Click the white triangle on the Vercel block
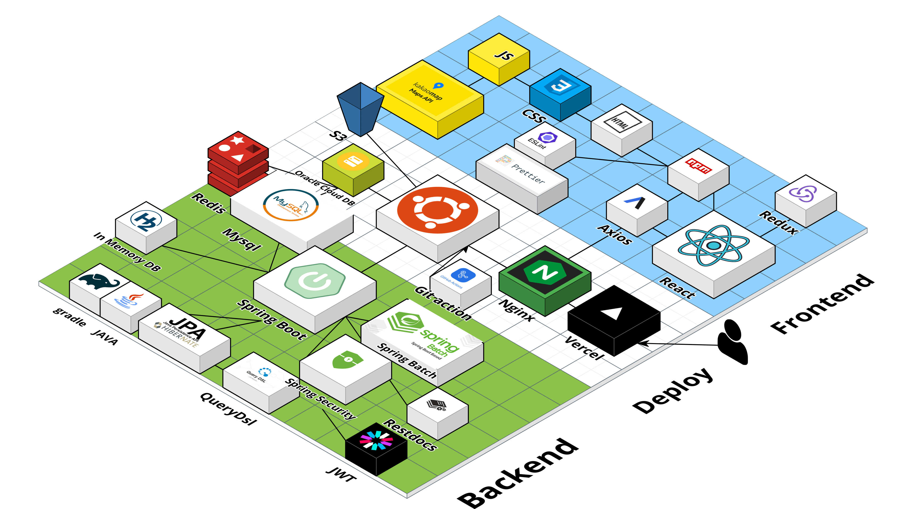613,313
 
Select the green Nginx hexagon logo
545,272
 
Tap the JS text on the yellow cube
504,55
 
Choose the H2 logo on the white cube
146,221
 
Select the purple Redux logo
803,193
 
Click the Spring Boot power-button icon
315,280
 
